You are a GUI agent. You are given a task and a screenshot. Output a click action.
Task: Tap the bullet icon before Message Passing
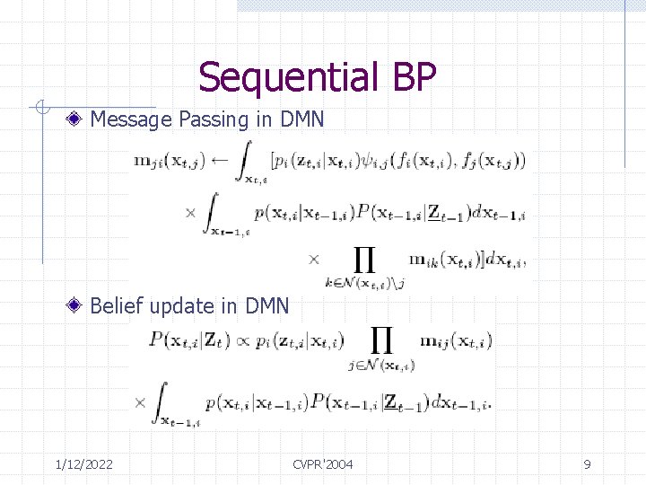pyautogui.click(x=78, y=118)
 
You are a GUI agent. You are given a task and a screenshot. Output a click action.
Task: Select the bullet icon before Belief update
pyautogui.click(x=78, y=305)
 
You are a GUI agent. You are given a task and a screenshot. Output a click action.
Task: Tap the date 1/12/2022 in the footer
pyautogui.click(x=83, y=463)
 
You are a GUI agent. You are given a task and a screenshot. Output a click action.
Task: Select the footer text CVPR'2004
pyautogui.click(x=323, y=463)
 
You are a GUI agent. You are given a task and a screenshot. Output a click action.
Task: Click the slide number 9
pyautogui.click(x=587, y=463)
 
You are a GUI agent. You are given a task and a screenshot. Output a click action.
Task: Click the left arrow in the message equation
pyautogui.click(x=220, y=162)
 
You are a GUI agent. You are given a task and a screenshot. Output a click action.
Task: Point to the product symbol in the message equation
pyautogui.click(x=363, y=260)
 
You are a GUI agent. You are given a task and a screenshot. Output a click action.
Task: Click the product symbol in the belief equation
pyautogui.click(x=381, y=339)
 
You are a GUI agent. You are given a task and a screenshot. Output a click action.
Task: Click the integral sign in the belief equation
pyautogui.click(x=161, y=401)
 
